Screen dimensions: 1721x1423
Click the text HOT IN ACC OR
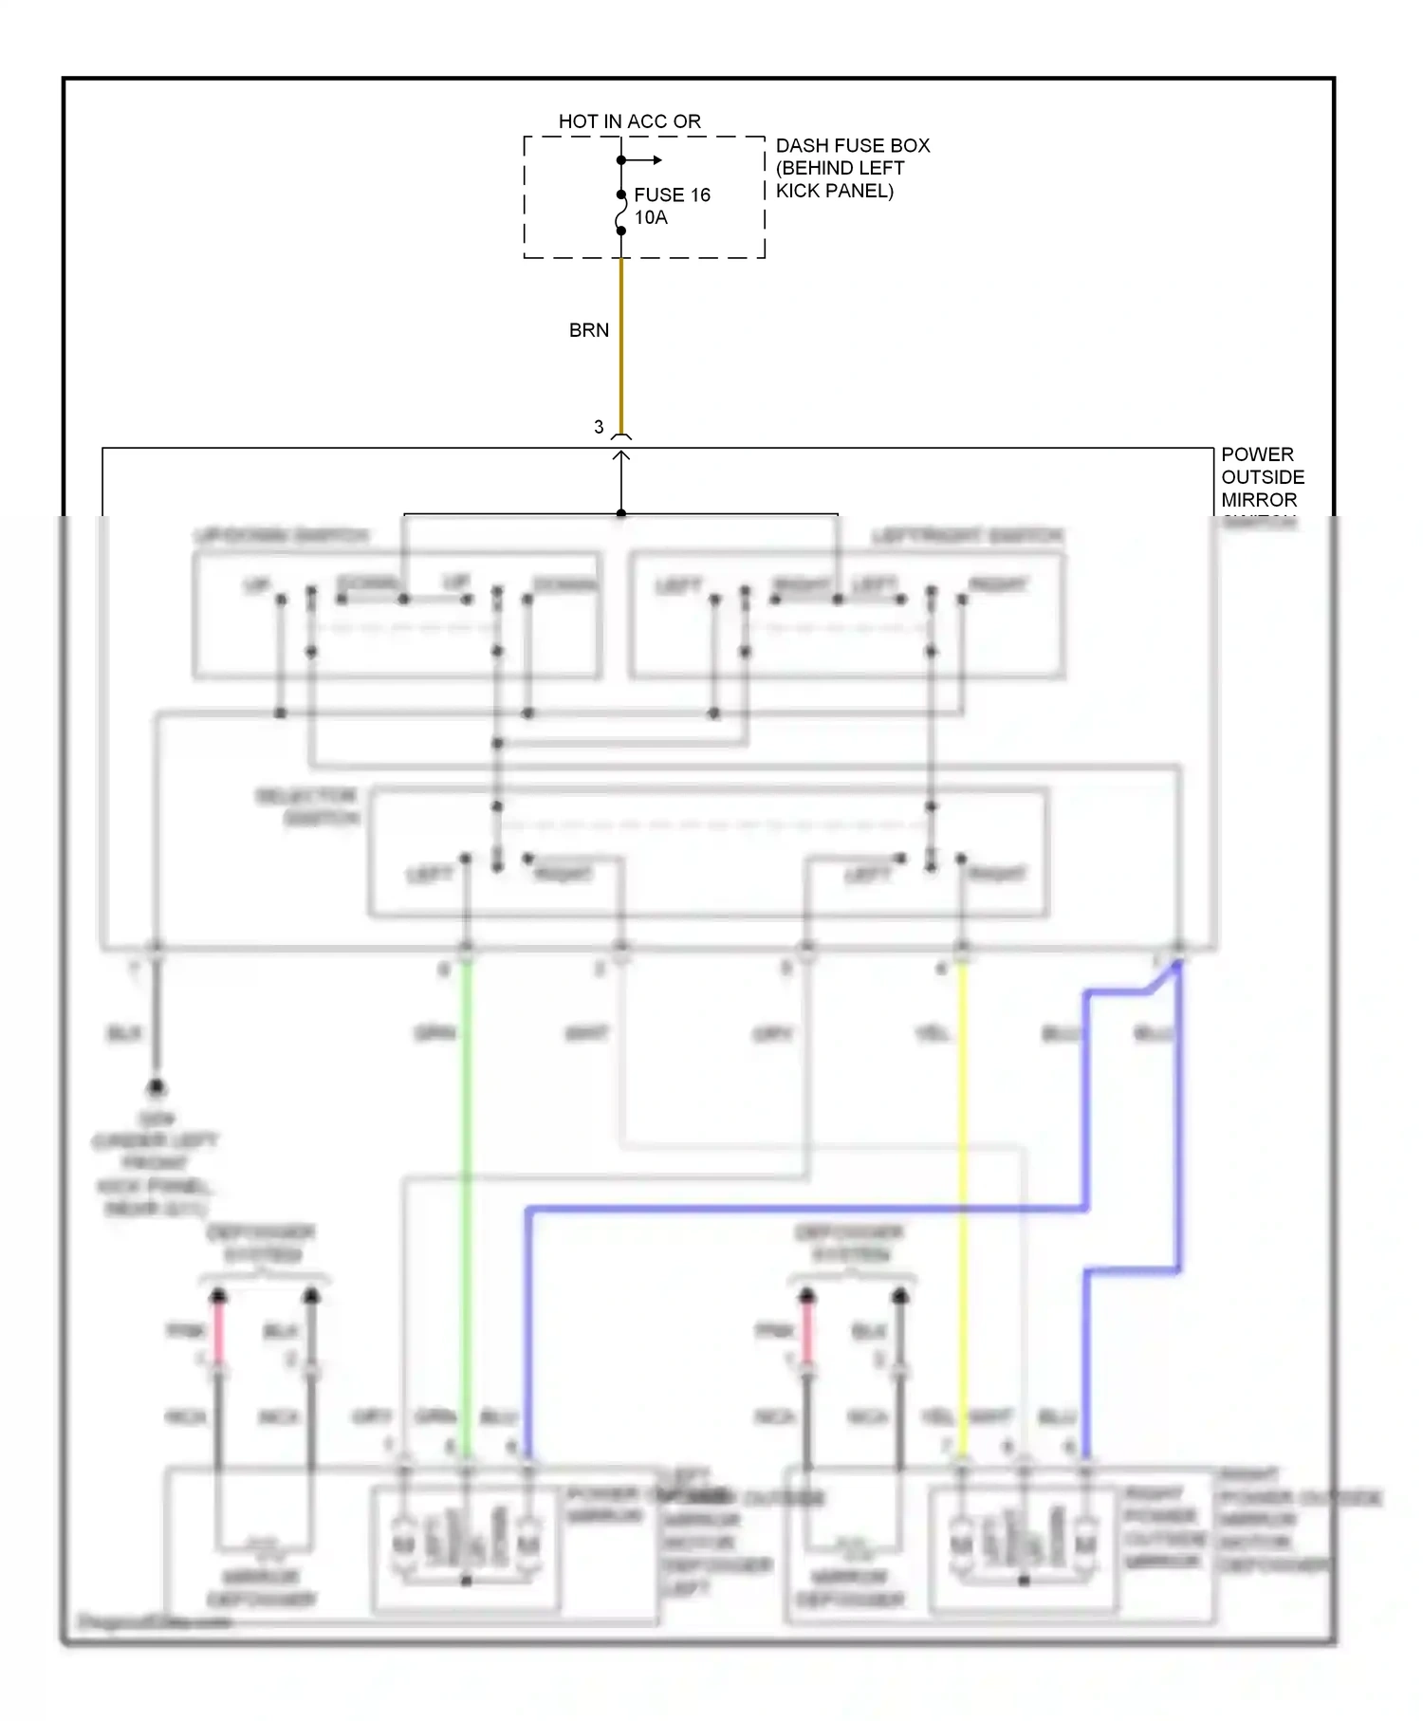click(x=629, y=121)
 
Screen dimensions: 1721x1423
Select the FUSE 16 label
click(x=672, y=194)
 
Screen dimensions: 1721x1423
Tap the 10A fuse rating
click(x=651, y=218)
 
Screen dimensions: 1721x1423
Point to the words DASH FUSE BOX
click(x=852, y=145)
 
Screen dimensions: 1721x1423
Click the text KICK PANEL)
click(x=834, y=191)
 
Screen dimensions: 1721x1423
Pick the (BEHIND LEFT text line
click(x=840, y=168)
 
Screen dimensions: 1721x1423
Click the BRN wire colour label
click(x=588, y=330)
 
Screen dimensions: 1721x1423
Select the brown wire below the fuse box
click(x=621, y=342)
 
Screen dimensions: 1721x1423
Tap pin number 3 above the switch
click(x=599, y=427)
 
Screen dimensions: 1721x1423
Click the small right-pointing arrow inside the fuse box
click(x=655, y=160)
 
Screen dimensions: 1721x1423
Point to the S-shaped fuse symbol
click(x=621, y=213)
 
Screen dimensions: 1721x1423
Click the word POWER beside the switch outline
click(x=1256, y=454)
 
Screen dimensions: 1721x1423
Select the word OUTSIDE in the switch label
click(x=1262, y=477)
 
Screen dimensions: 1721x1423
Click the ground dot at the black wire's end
click(x=156, y=1087)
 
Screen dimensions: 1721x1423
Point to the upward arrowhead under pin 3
click(x=621, y=457)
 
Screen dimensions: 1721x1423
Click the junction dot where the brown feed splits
click(x=621, y=513)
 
